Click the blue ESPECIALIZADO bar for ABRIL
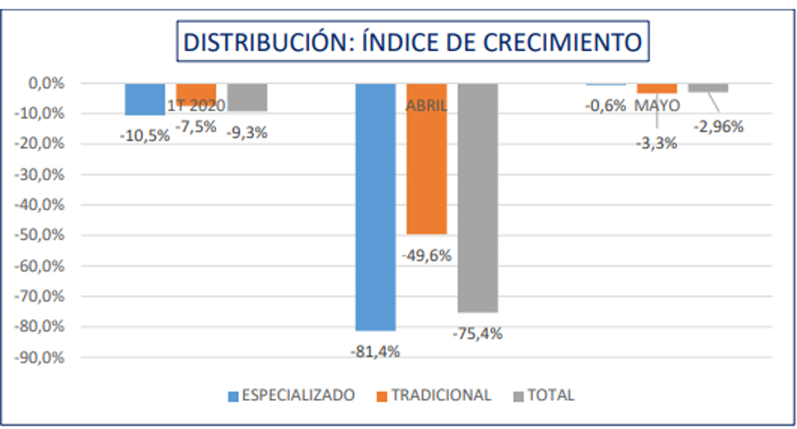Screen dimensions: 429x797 375,206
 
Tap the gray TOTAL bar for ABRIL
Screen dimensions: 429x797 477,197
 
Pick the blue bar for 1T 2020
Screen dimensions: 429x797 144,98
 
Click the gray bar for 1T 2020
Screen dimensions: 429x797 247,96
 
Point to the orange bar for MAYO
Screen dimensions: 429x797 656,88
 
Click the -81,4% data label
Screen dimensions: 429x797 375,351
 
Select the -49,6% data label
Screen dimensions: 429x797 427,256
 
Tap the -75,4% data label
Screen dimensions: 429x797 478,333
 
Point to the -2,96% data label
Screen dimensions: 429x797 718,126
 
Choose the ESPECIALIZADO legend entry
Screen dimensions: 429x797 291,395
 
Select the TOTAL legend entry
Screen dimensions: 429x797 544,395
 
